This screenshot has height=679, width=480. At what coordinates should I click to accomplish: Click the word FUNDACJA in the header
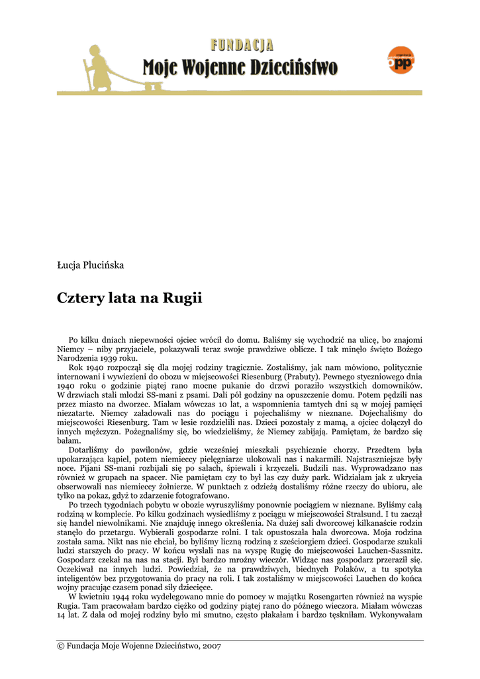click(242, 46)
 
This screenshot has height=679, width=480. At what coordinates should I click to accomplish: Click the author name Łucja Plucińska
click(91, 265)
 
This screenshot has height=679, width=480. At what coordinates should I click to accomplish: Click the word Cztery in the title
click(81, 298)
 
